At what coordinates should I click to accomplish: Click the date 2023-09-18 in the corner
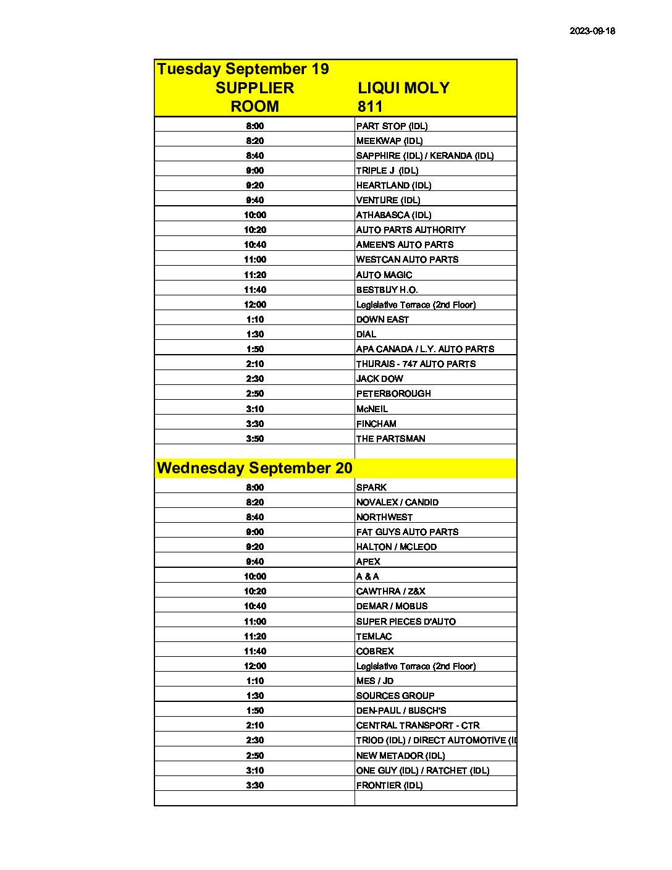coord(592,31)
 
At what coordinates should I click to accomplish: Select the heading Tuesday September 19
coord(243,69)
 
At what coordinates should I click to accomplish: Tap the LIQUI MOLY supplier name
coord(403,88)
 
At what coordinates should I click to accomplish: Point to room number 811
coord(370,106)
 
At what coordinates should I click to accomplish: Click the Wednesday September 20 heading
coord(254,468)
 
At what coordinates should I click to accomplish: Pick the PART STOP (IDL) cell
coord(392,126)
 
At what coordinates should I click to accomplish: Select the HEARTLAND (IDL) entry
coord(393,185)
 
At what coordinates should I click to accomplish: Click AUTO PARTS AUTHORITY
coord(411,230)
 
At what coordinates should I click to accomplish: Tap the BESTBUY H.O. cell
coord(387,290)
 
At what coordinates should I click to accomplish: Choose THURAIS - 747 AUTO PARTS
coord(416,364)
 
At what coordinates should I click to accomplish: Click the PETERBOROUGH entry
coord(393,394)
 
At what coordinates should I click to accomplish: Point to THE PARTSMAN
coord(390,439)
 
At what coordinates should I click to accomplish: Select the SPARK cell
coord(371,488)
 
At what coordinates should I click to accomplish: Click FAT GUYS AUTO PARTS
coord(407,532)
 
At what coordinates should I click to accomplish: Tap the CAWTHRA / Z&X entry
coord(390,591)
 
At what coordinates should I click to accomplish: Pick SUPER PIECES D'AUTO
coord(406,622)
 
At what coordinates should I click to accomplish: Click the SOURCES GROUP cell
coord(395,696)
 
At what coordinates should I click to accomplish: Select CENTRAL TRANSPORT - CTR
coord(418,725)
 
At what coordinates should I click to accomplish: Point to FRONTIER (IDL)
coord(389,785)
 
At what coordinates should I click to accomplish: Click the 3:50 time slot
coord(254,439)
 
